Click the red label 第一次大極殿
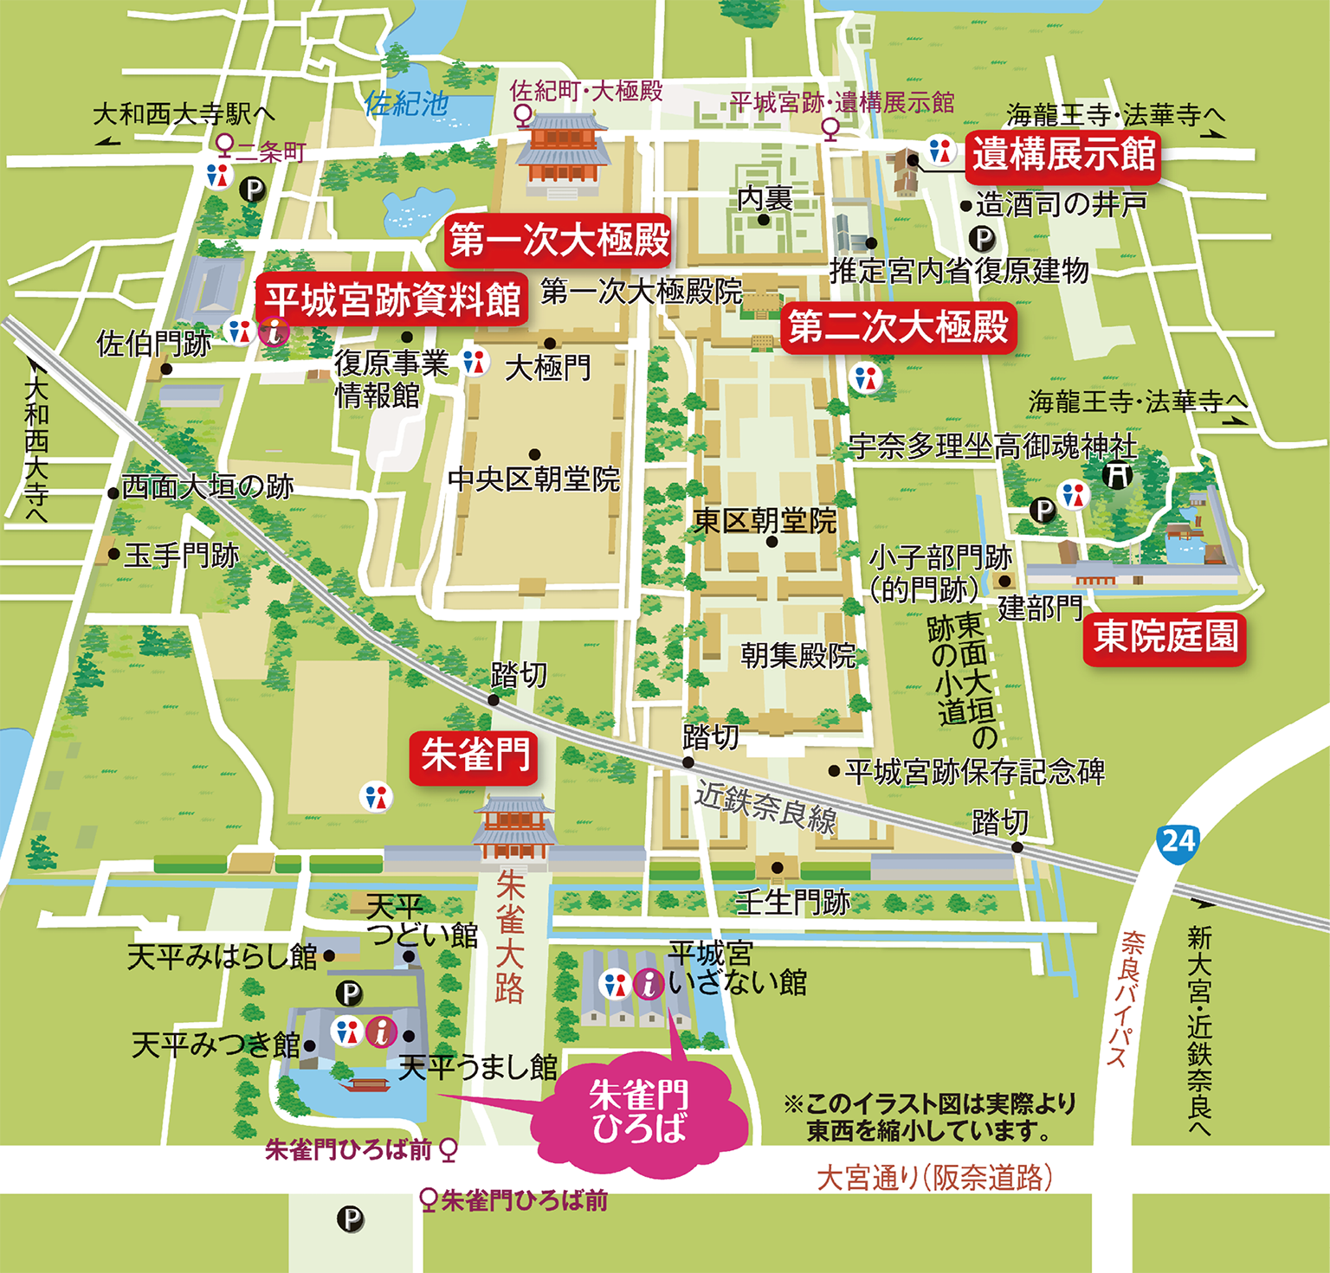pyautogui.click(x=558, y=240)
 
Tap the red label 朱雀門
pyautogui.click(x=475, y=756)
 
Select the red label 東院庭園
pyautogui.click(x=1165, y=638)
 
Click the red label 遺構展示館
pyautogui.click(x=1062, y=155)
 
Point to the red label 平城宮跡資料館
pyautogui.click(x=391, y=299)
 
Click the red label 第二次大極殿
pyautogui.click(x=898, y=327)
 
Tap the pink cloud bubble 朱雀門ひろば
pyautogui.click(x=639, y=1113)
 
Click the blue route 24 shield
pyautogui.click(x=1178, y=841)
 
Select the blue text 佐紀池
pyautogui.click(x=405, y=104)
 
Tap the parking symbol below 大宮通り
pyautogui.click(x=351, y=1220)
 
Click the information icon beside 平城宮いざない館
pyautogui.click(x=649, y=983)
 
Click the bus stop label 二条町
pyautogui.click(x=269, y=152)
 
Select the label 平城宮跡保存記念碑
pyautogui.click(x=974, y=771)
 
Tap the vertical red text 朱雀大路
pyautogui.click(x=510, y=936)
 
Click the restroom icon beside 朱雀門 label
pyautogui.click(x=376, y=796)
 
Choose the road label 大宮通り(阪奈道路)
pyautogui.click(x=935, y=1178)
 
